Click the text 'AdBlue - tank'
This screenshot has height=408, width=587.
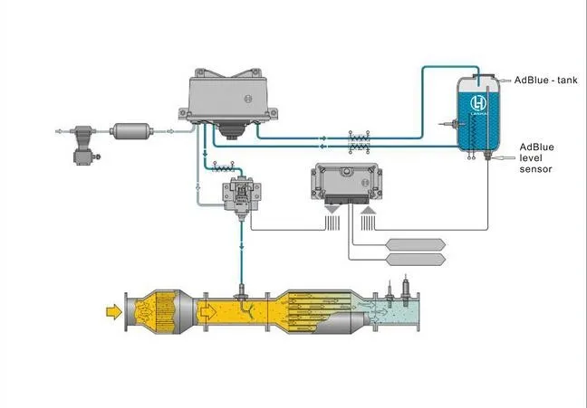[x=546, y=81]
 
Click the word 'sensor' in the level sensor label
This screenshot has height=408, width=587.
[x=535, y=169]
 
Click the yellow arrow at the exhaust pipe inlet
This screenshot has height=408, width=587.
[x=113, y=311]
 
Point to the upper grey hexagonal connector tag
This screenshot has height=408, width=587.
[x=415, y=242]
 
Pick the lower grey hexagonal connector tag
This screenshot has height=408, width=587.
[x=415, y=260]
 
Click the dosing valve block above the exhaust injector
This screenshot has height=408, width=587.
[x=242, y=194]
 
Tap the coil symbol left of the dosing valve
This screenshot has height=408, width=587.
[x=218, y=167]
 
